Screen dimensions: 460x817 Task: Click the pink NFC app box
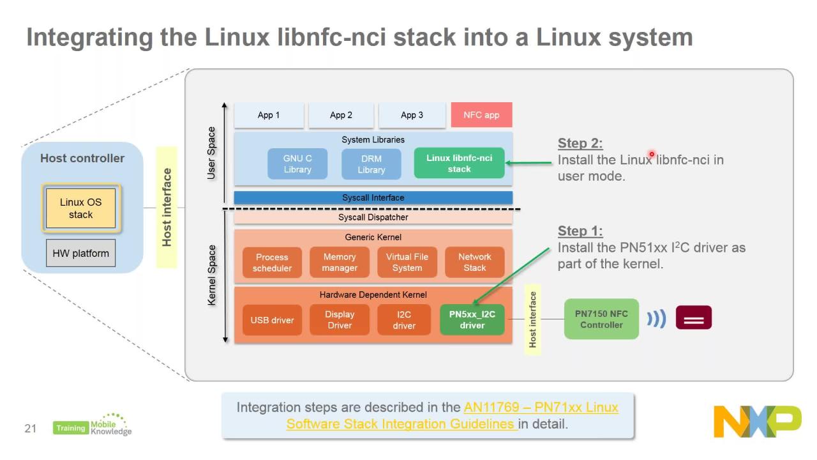click(481, 115)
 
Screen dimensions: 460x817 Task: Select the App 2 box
click(341, 115)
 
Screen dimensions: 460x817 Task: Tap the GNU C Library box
click(297, 164)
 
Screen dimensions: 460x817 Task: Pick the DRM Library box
click(371, 164)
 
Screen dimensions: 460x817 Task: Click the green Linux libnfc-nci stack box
click(459, 164)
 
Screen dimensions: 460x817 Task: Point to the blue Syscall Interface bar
click(373, 197)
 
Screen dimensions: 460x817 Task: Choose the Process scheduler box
click(272, 263)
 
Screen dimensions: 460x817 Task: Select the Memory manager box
click(340, 263)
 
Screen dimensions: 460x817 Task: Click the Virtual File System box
click(407, 263)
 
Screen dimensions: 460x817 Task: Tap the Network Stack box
click(474, 263)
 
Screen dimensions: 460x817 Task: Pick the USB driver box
click(272, 320)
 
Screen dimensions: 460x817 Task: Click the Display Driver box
click(340, 320)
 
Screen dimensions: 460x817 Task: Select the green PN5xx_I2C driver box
click(472, 320)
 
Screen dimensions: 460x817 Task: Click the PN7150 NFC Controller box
click(601, 319)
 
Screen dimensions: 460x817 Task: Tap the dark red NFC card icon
click(693, 318)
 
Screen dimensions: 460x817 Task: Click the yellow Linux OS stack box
click(81, 208)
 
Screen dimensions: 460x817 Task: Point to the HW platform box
click(80, 253)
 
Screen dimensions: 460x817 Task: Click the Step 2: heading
click(580, 143)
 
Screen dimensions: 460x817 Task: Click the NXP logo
click(757, 422)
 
